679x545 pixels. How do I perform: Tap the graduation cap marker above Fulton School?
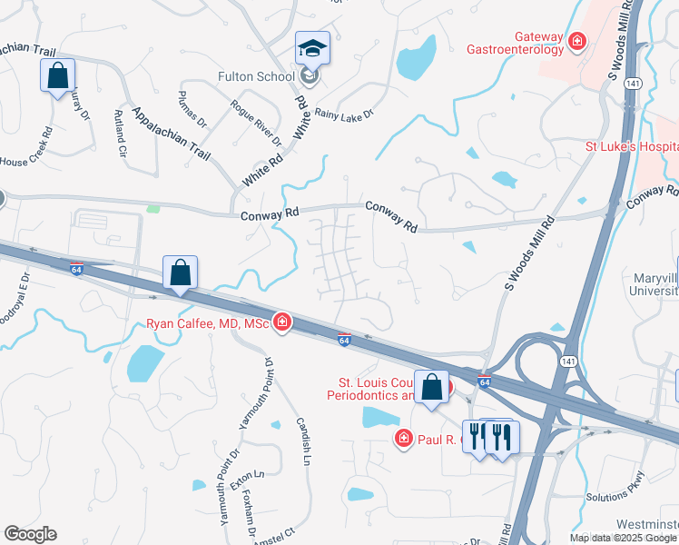pos(312,48)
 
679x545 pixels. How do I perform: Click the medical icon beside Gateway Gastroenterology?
pos(576,41)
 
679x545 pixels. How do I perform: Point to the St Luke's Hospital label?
pos(631,146)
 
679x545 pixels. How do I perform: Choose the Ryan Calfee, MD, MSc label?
pos(209,323)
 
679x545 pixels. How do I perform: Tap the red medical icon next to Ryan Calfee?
pos(282,322)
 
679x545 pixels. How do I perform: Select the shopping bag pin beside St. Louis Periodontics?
pos(432,387)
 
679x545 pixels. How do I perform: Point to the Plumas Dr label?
pos(192,109)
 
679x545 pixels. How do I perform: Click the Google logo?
pos(30,534)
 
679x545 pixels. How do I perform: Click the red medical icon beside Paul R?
pos(403,440)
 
